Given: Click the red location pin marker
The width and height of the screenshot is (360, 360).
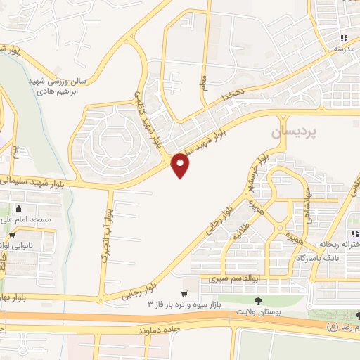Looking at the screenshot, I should (x=181, y=165).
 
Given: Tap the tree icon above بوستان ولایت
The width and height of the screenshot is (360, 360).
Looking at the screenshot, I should (x=259, y=300).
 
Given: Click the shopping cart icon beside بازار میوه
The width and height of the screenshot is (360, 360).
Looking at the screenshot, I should (x=185, y=294).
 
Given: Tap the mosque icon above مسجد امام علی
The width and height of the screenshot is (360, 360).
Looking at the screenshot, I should (x=19, y=209).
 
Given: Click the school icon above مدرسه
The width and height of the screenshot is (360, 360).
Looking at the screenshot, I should (x=344, y=39).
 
